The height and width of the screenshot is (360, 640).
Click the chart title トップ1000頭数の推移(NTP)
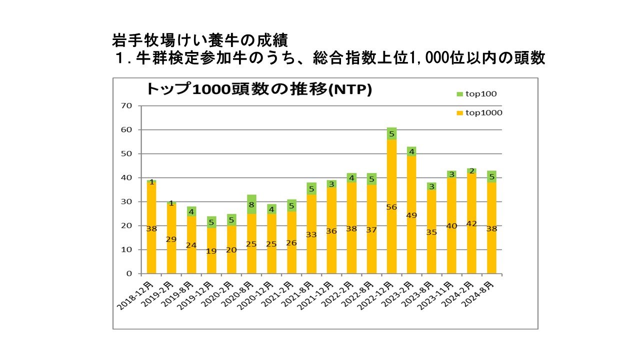click(258, 89)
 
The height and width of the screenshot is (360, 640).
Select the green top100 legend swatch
click(459, 94)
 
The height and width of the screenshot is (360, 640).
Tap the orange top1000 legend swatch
click(459, 113)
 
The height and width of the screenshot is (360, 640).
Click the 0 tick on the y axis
click(128, 274)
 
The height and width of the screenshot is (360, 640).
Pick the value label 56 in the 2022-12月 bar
click(391, 207)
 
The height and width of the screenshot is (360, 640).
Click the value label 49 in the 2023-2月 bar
click(411, 215)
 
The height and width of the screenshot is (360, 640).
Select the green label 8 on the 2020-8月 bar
click(251, 204)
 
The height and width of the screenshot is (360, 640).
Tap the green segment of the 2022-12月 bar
click(391, 133)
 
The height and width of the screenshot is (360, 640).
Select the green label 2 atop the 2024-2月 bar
click(471, 171)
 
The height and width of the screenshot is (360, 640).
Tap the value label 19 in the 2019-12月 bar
click(211, 251)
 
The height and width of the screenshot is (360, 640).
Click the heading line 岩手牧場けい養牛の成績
click(200, 39)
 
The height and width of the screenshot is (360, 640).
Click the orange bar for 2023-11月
click(451, 240)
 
